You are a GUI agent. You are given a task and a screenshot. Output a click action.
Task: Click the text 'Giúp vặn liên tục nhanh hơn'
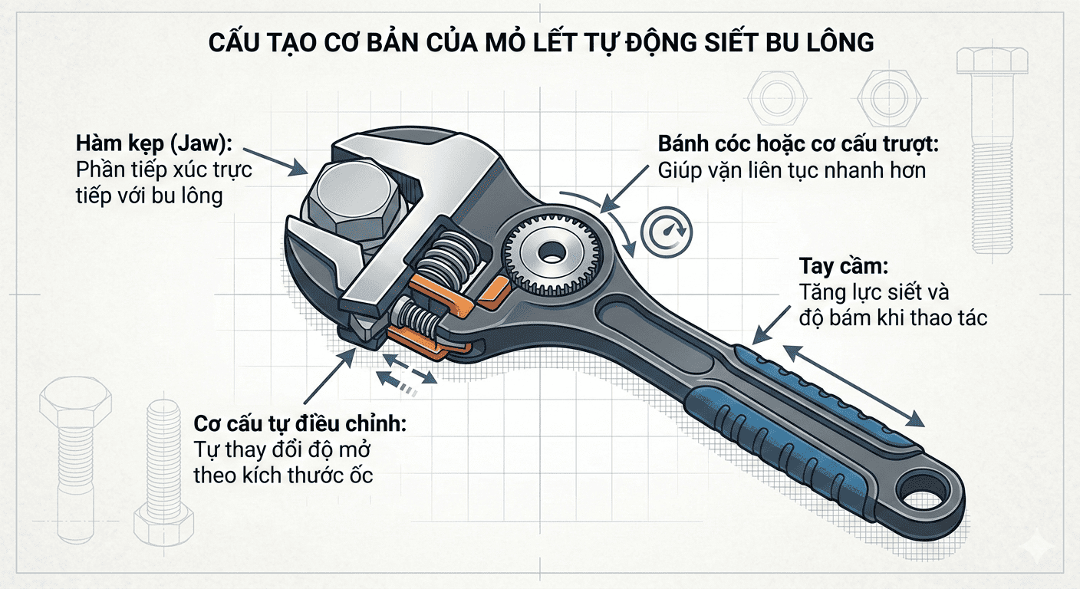tap(792, 169)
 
